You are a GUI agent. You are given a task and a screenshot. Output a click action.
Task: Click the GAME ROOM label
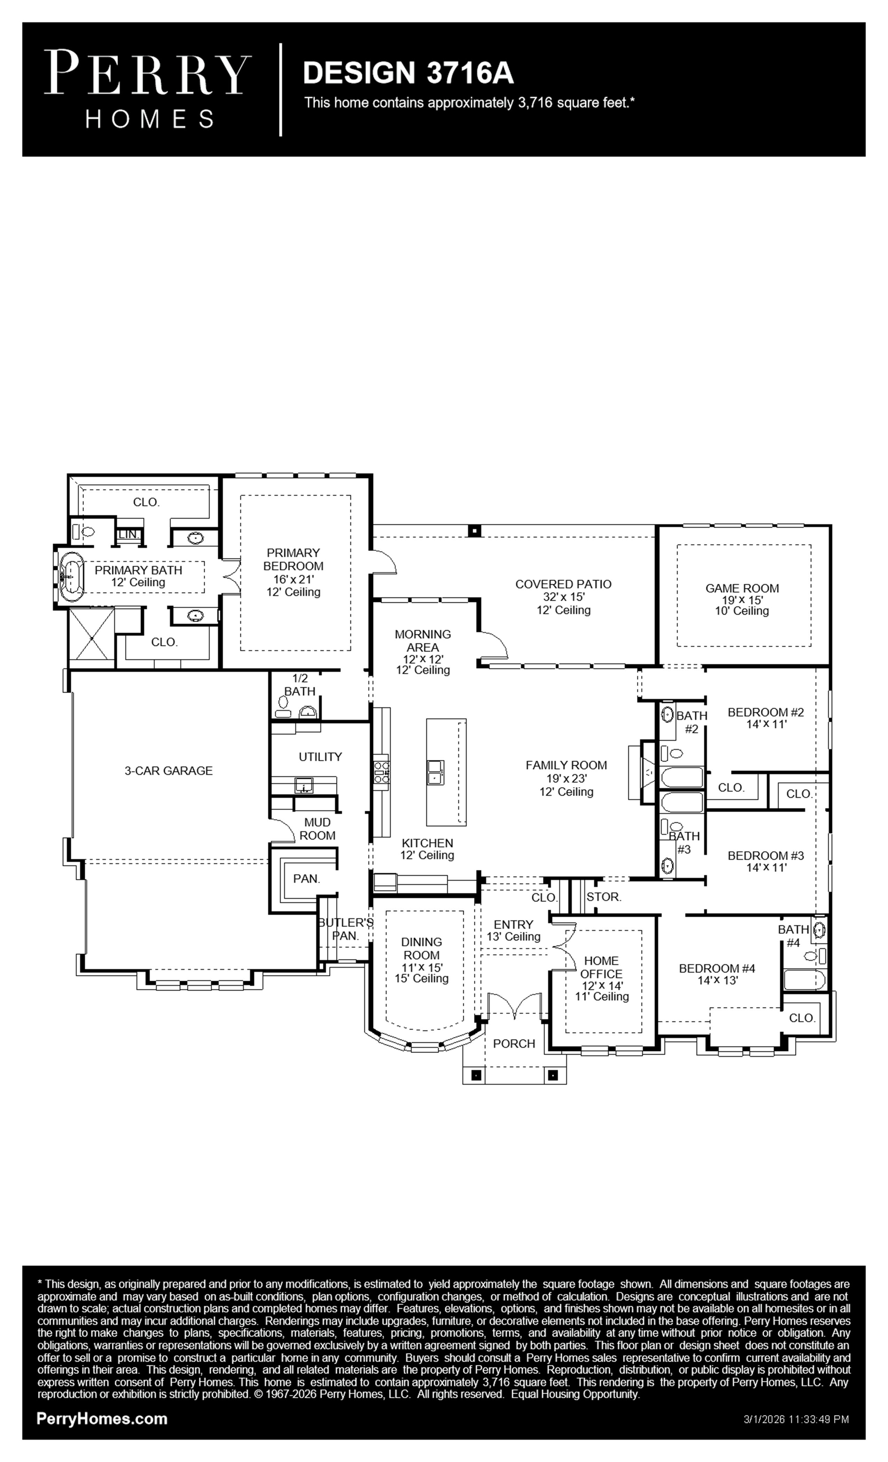click(742, 588)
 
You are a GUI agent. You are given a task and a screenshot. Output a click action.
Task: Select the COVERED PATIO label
click(563, 584)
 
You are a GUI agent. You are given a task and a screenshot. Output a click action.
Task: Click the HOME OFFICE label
click(601, 967)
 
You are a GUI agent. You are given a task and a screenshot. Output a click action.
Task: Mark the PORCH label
click(514, 1044)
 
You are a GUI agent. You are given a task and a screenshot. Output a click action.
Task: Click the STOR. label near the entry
click(604, 897)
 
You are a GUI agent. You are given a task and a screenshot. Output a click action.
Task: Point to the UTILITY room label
click(320, 756)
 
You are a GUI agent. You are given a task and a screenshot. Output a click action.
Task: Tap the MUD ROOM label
click(318, 829)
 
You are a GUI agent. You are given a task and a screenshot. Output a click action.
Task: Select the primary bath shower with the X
click(91, 638)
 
